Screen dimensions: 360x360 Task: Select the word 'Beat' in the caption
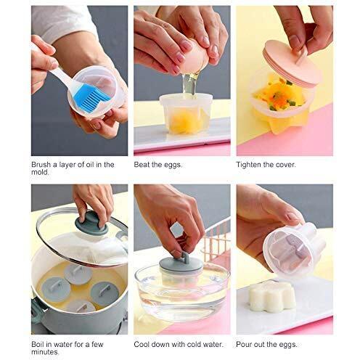point(142,164)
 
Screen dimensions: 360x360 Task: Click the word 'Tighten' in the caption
point(250,164)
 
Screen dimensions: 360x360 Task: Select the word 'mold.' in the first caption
point(43,173)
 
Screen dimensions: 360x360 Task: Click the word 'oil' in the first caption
point(87,164)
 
